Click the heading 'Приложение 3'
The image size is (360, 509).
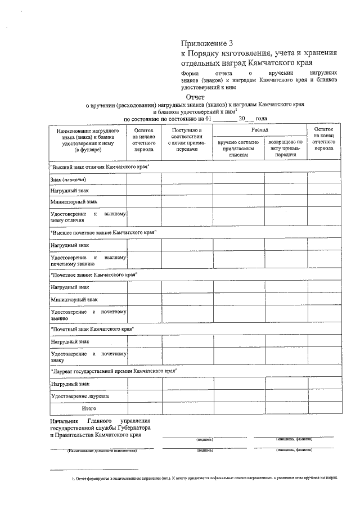tap(206, 43)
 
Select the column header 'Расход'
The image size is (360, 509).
tap(260, 130)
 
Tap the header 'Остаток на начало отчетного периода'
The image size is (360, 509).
tap(143, 140)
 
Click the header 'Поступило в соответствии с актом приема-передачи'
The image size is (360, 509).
tap(187, 140)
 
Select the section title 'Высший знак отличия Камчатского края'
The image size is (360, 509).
tap(100, 167)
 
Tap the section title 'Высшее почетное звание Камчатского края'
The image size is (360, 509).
tap(103, 232)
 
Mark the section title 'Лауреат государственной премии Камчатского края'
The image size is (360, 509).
tap(114, 371)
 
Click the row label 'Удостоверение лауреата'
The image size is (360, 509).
tap(79, 396)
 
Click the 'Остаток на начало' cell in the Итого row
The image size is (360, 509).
tap(143, 408)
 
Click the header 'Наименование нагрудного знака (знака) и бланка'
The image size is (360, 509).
tap(87, 140)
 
